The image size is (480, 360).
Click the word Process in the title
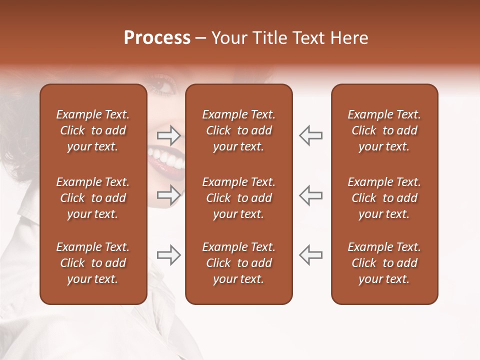click(x=157, y=38)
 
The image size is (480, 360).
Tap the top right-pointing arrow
click(x=169, y=135)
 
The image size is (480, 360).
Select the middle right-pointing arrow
click(x=169, y=194)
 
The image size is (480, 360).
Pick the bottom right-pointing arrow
click(x=169, y=255)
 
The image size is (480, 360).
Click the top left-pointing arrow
click(x=310, y=135)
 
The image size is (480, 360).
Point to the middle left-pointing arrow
click(x=310, y=194)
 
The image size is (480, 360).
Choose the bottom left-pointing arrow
click(x=310, y=255)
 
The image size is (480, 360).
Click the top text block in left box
click(x=93, y=130)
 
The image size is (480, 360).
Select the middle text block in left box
click(x=93, y=198)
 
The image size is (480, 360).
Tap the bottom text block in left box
click(x=93, y=263)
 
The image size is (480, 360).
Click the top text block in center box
click(x=238, y=130)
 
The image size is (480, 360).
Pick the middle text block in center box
click(x=238, y=198)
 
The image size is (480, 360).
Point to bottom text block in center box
click(x=238, y=263)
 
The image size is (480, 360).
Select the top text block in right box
click(x=384, y=130)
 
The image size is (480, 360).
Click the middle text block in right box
click(x=384, y=198)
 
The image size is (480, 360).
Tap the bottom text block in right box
click(x=384, y=263)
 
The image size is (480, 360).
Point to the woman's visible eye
click(x=162, y=88)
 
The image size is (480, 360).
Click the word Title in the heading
click(x=269, y=38)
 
